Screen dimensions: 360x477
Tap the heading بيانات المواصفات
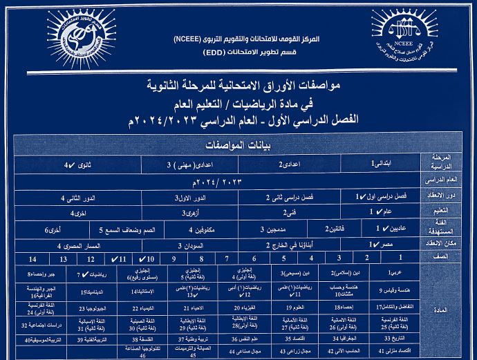(241, 146)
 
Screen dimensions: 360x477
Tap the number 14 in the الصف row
(32, 258)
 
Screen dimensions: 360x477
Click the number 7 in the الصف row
(226, 258)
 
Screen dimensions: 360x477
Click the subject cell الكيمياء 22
(145, 306)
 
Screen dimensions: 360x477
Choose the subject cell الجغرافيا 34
(344, 339)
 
